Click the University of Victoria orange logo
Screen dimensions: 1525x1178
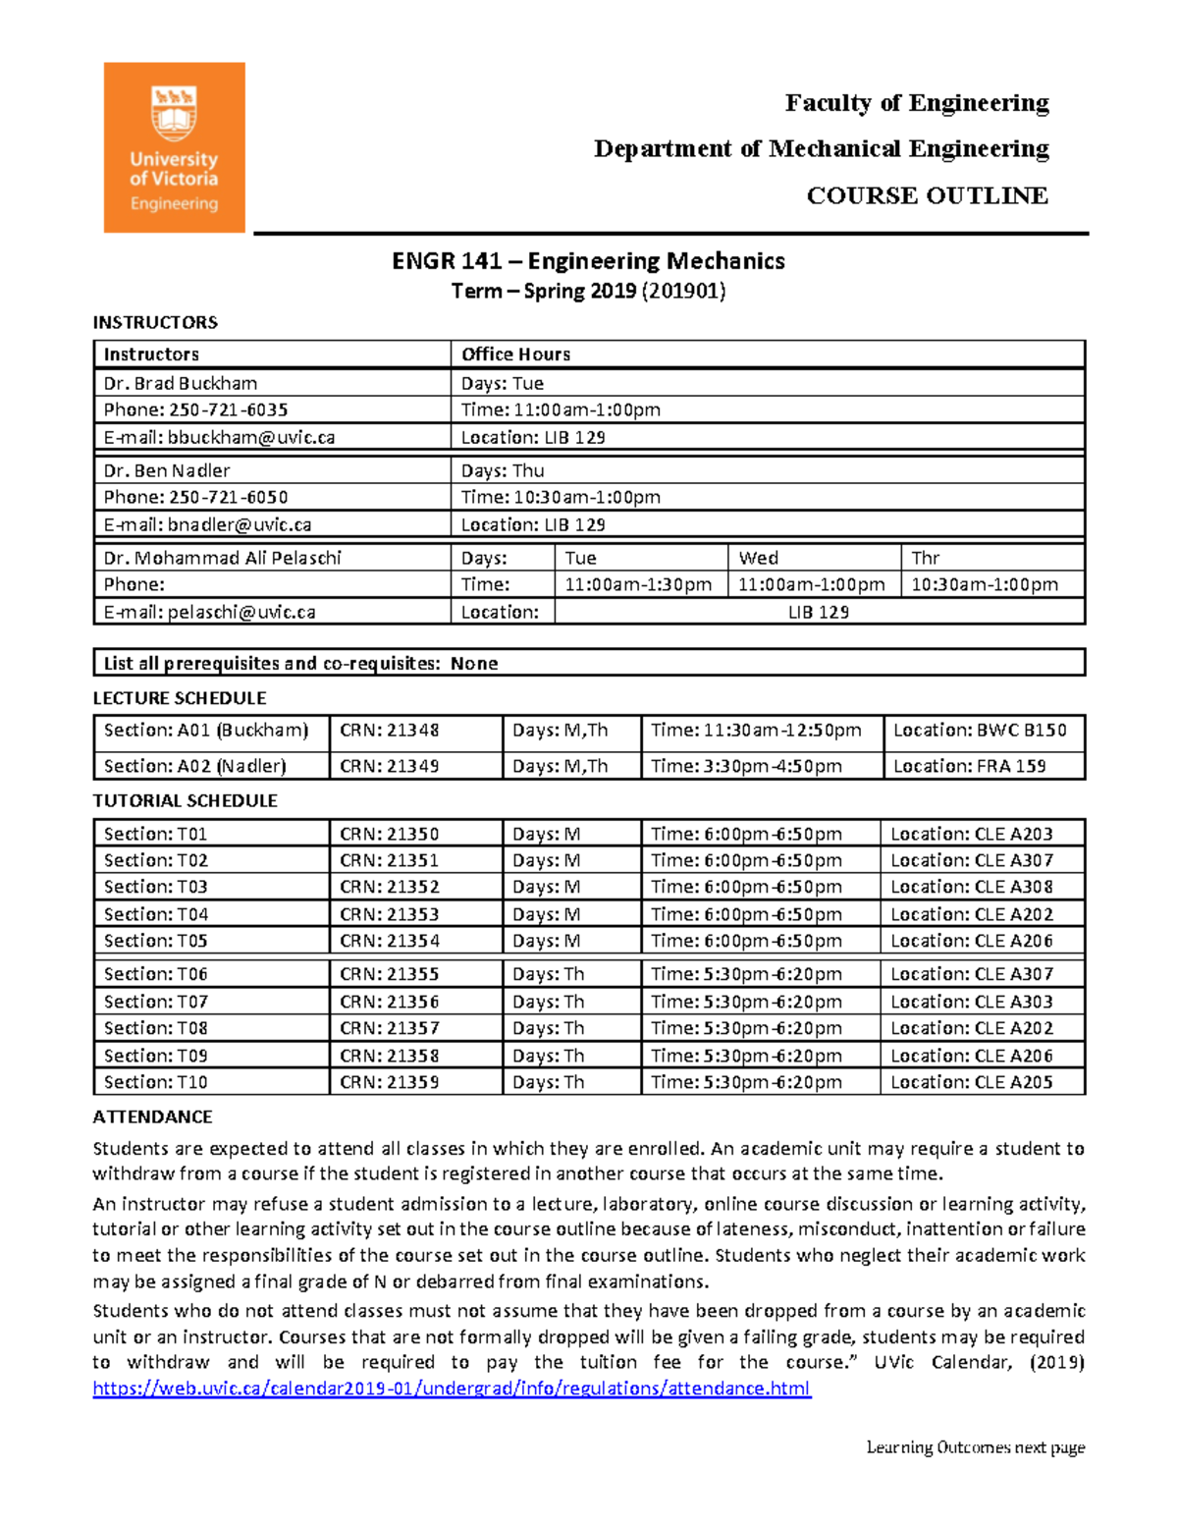174,147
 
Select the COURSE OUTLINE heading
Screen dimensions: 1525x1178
927,195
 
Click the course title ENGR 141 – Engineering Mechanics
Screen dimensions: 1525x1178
588,261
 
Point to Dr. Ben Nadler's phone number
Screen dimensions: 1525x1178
228,497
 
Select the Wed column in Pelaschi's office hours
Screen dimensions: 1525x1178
759,558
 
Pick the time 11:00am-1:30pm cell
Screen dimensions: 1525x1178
638,585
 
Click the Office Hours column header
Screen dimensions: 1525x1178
515,354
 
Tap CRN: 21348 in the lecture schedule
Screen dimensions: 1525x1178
390,731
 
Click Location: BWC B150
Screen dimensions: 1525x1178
979,731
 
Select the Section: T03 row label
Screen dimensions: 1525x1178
156,887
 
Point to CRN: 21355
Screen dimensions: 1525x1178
390,974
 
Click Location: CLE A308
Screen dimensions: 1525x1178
971,887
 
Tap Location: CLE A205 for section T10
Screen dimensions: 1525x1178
971,1082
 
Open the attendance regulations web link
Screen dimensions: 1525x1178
452,1389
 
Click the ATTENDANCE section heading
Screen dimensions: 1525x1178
152,1117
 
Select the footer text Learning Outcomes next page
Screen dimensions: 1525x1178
975,1447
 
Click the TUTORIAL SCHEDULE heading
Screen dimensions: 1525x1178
185,801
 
